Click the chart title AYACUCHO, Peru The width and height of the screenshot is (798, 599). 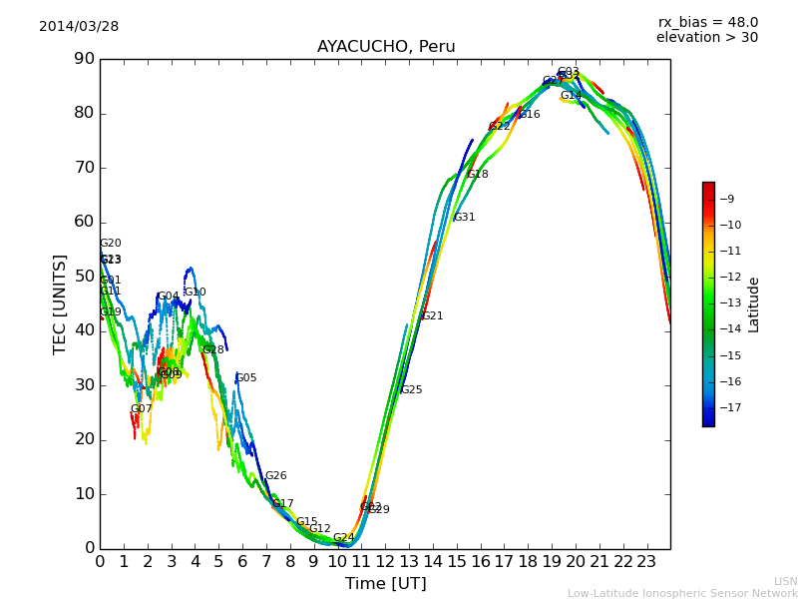386,47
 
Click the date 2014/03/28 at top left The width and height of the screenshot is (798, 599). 79,27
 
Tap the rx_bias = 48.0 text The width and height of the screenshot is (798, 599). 707,22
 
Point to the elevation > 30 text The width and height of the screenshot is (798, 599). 706,38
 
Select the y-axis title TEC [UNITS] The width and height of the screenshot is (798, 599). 60,303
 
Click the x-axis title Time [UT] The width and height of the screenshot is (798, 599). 385,584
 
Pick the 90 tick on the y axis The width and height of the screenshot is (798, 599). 84,59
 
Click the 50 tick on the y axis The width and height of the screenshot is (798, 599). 84,277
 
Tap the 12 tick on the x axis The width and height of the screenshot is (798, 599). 384,562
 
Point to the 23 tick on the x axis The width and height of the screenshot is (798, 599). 646,562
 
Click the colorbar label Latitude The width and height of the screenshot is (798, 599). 754,304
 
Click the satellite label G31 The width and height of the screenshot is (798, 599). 464,218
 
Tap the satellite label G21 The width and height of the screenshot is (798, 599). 432,316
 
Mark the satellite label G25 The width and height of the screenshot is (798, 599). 411,390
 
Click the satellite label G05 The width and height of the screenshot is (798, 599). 245,378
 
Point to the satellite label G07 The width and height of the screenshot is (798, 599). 141,409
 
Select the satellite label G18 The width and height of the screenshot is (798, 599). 477,175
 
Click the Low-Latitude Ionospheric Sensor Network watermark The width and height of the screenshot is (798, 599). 682,594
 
